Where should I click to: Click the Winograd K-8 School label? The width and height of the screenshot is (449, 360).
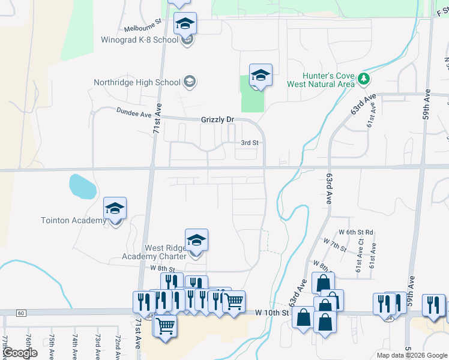click(140, 40)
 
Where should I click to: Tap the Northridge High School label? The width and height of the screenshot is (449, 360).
click(137, 82)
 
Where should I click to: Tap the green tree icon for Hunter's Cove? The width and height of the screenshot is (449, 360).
click(363, 79)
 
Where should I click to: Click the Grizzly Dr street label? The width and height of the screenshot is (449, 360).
click(217, 120)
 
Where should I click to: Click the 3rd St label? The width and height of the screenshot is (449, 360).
click(249, 143)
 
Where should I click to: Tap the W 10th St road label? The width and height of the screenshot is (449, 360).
click(272, 313)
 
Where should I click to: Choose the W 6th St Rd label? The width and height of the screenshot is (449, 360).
click(356, 232)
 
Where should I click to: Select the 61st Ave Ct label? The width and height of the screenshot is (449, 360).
click(361, 250)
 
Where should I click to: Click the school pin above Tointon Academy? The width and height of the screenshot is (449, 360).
click(115, 208)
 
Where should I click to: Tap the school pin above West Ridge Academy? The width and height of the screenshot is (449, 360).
click(196, 240)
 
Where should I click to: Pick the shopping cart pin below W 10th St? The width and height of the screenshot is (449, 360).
click(165, 327)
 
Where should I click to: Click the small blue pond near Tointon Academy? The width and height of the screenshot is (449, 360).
click(82, 186)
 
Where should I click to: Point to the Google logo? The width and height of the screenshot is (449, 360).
click(20, 353)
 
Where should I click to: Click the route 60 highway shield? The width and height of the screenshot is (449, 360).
click(20, 313)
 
